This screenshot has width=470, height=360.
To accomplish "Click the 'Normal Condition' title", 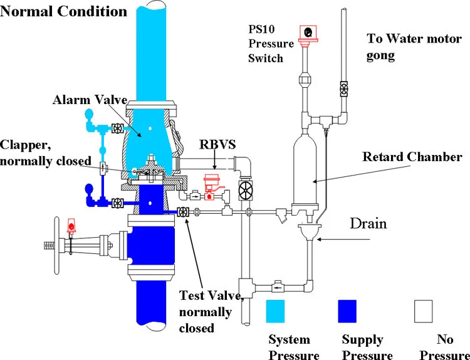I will (x=64, y=11).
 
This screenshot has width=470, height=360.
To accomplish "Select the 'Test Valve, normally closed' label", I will (x=204, y=310).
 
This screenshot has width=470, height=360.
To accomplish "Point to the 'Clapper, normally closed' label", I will (x=48, y=152).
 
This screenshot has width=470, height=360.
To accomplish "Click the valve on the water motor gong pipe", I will (x=343, y=88).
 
